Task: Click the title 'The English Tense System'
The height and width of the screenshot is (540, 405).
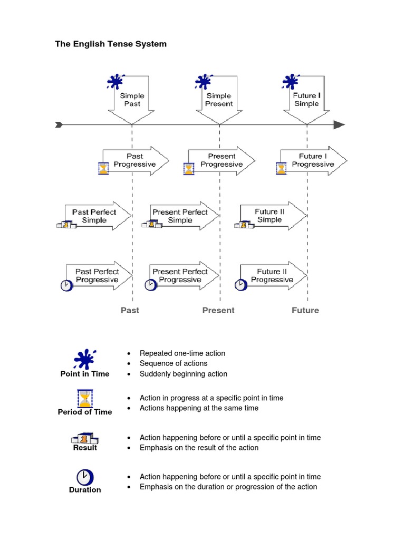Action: (x=111, y=44)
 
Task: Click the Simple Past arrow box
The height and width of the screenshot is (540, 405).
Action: (x=132, y=100)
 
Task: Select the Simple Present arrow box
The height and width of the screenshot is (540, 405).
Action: (x=219, y=100)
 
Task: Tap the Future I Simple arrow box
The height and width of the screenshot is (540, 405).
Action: (x=306, y=100)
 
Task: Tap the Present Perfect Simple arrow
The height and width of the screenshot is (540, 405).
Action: (x=179, y=216)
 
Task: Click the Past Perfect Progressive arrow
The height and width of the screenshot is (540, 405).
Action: (x=98, y=275)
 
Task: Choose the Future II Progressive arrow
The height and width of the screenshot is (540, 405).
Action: (x=272, y=275)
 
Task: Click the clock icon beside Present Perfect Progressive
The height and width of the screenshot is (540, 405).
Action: (x=150, y=285)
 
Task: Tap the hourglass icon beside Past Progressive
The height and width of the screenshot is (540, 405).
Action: (x=103, y=168)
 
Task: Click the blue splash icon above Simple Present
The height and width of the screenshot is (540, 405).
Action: (x=203, y=82)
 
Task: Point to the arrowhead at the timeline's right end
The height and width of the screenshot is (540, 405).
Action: (x=339, y=125)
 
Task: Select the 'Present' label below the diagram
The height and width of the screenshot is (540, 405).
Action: (x=218, y=310)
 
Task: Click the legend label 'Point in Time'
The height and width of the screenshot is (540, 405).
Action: (x=85, y=374)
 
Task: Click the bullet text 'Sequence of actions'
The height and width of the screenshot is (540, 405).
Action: (x=173, y=363)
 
